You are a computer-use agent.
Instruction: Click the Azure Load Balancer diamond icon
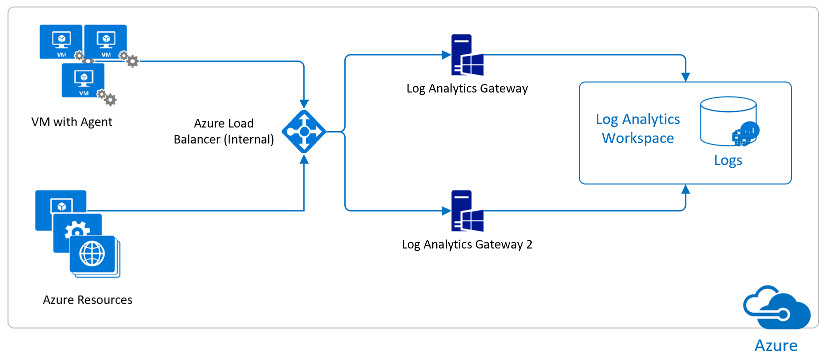(304, 131)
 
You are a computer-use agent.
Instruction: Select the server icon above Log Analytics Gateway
(467, 55)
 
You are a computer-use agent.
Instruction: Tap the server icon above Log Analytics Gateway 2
(467, 211)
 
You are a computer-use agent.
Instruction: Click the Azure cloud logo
(776, 308)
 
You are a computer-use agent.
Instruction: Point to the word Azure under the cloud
(776, 345)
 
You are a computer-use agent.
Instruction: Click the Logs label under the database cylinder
(728, 160)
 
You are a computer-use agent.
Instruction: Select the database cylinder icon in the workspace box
(728, 121)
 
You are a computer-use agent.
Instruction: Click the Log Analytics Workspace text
(638, 128)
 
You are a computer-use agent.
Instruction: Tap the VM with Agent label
(72, 122)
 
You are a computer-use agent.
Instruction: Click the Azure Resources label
(88, 300)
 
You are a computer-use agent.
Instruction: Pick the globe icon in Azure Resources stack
(93, 253)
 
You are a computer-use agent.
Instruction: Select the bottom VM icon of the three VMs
(83, 80)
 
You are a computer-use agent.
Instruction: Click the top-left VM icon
(61, 41)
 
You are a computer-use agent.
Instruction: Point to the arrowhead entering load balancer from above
(304, 104)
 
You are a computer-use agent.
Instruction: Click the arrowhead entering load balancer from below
(304, 159)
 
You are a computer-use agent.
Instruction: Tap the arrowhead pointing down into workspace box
(685, 77)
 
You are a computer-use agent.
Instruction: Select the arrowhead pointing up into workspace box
(685, 189)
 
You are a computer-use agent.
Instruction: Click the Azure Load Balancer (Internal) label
(224, 131)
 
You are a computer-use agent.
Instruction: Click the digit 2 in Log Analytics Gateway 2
(529, 244)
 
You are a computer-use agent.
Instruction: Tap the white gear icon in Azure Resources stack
(77, 230)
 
